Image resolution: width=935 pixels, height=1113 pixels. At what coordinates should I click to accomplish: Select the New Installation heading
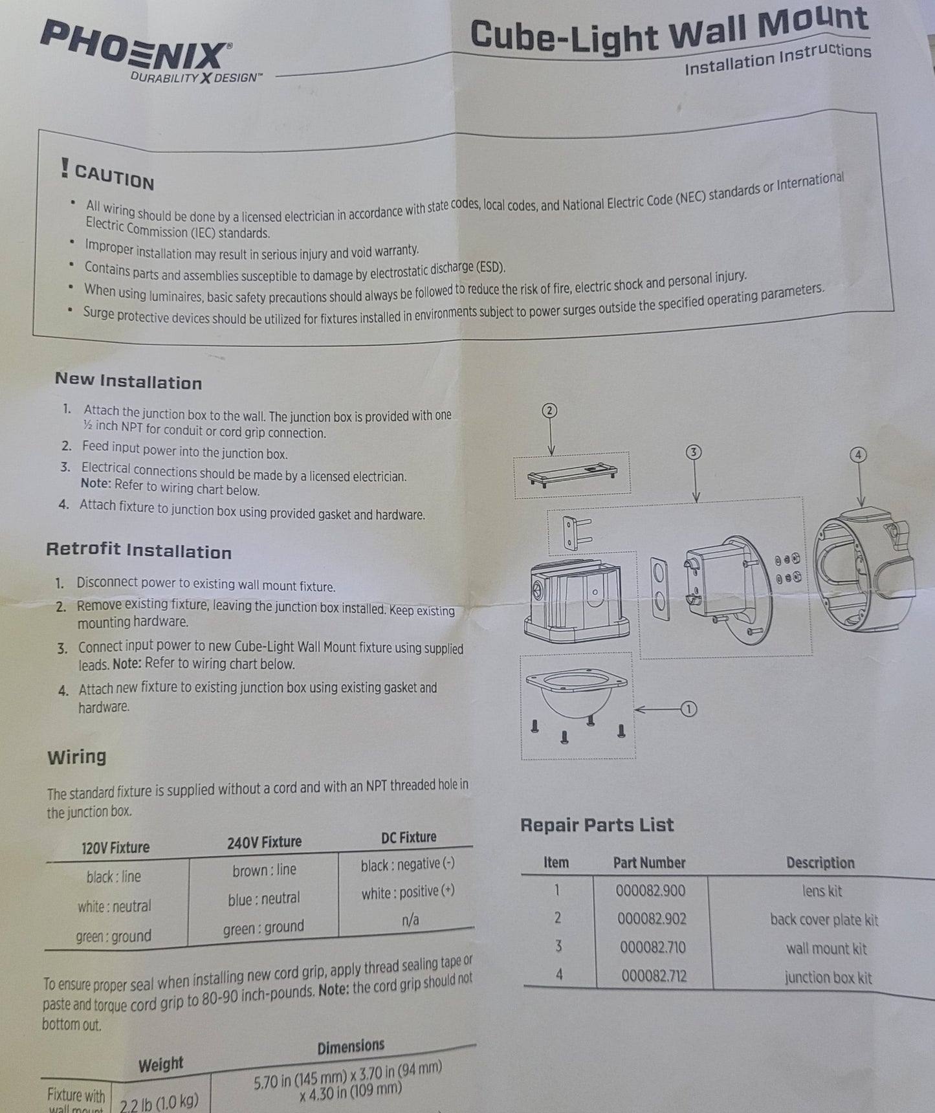pyautogui.click(x=128, y=381)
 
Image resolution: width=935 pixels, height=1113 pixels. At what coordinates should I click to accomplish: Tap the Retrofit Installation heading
pyautogui.click(x=138, y=551)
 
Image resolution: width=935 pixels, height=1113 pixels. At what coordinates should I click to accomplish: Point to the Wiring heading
pyautogui.click(x=76, y=756)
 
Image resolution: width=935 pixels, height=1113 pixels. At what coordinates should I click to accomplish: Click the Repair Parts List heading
pyautogui.click(x=597, y=825)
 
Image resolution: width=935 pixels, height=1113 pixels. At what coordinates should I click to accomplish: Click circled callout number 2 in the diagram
pyautogui.click(x=550, y=410)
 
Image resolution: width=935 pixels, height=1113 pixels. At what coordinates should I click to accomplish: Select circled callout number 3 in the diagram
pyautogui.click(x=693, y=452)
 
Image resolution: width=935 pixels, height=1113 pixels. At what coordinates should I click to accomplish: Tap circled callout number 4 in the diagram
pyautogui.click(x=858, y=455)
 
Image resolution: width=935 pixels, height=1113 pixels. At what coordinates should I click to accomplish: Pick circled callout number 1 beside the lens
pyautogui.click(x=688, y=709)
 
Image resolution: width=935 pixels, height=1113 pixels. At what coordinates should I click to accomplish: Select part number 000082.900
pyautogui.click(x=650, y=891)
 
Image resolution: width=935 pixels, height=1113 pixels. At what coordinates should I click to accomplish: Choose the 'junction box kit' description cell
pyautogui.click(x=828, y=977)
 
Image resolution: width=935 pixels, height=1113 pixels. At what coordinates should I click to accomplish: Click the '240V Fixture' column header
pyautogui.click(x=264, y=843)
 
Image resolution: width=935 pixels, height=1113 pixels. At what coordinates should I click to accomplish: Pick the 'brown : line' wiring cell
pyautogui.click(x=264, y=870)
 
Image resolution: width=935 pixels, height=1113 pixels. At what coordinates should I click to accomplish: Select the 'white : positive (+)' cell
pyautogui.click(x=408, y=892)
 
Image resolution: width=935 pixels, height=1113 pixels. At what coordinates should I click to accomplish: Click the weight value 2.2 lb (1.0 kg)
pyautogui.click(x=159, y=1100)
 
